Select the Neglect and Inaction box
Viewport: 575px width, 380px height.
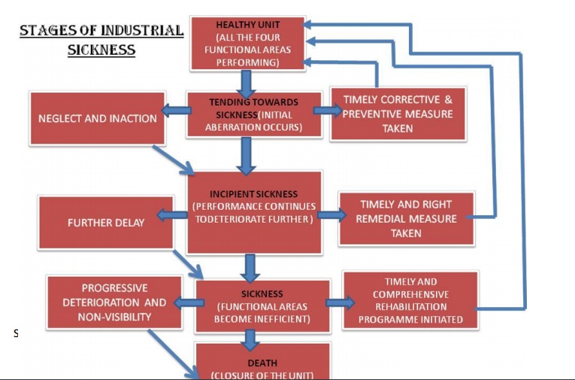98,118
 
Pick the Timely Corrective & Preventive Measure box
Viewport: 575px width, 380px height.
398,114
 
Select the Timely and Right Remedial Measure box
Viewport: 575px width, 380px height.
406,218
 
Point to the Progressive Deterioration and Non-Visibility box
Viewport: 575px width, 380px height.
114,302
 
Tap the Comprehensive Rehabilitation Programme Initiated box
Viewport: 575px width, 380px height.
410,299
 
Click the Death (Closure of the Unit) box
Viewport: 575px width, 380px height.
262,363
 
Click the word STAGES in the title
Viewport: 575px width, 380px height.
50,32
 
